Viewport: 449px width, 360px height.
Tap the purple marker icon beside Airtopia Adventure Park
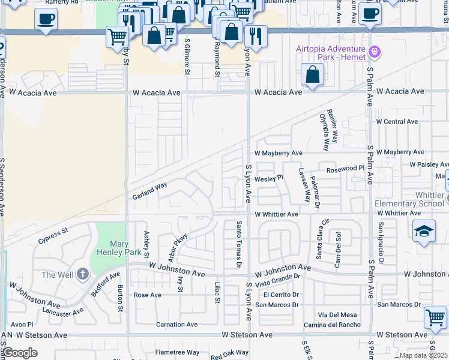point(375,52)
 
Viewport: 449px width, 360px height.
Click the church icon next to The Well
point(82,275)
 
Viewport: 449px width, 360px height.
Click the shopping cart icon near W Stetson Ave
point(435,317)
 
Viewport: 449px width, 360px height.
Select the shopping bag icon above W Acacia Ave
point(312,76)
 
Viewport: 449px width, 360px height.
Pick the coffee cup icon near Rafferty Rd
point(46,19)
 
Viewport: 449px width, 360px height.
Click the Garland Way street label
point(150,190)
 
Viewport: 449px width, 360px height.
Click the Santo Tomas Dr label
point(238,244)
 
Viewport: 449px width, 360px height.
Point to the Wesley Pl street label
point(268,178)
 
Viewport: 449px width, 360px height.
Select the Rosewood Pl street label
point(345,170)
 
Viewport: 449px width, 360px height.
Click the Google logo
point(20,352)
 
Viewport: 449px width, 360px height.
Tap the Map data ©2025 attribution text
point(423,355)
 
